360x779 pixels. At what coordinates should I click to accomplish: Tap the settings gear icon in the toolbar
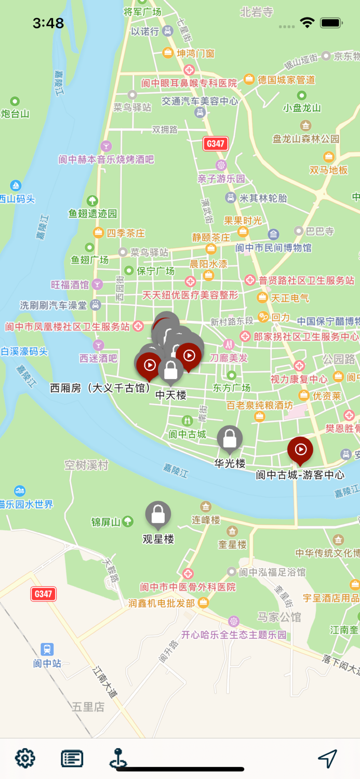tap(25, 758)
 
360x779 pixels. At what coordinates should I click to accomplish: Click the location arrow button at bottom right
tap(328, 759)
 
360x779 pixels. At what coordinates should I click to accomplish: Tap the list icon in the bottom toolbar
tap(72, 758)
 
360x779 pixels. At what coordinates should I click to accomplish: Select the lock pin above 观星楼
tap(158, 514)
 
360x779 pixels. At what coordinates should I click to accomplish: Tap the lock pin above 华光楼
tap(230, 438)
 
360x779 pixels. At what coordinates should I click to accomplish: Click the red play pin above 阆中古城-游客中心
tap(300, 450)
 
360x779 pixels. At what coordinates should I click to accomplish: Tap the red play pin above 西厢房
tap(149, 365)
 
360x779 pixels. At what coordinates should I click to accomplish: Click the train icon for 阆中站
tap(47, 649)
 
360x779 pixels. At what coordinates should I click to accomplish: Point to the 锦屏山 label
tap(106, 522)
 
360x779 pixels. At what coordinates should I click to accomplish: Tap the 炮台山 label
tap(15, 114)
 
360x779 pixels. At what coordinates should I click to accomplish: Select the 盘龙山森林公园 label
tap(306, 139)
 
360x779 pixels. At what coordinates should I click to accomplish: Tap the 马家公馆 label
tap(279, 617)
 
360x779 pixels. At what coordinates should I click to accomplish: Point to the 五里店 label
tap(88, 707)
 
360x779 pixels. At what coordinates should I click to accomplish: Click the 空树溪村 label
tap(86, 465)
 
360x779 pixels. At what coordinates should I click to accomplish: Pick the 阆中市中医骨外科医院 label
tap(188, 587)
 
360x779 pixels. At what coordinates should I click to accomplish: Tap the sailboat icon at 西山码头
tap(16, 186)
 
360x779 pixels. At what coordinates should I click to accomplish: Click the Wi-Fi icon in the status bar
tap(307, 23)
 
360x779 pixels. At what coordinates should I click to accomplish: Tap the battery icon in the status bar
tap(331, 23)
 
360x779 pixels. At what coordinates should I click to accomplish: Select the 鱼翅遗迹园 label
tap(93, 213)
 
